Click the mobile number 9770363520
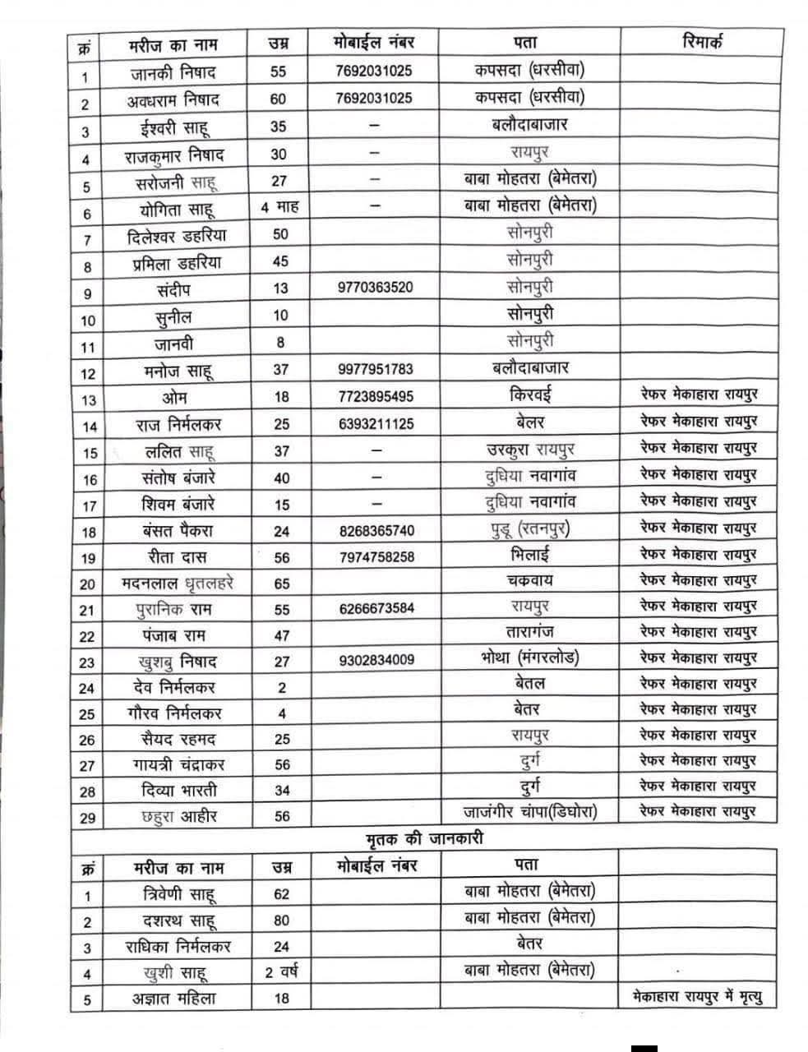[x=375, y=288]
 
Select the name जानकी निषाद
[x=173, y=72]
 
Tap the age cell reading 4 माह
[x=279, y=207]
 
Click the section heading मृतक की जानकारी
[x=424, y=839]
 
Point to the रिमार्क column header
[x=702, y=42]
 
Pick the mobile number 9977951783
[x=375, y=370]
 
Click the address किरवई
[x=530, y=395]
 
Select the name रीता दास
[x=174, y=557]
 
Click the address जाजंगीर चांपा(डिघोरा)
[x=530, y=812]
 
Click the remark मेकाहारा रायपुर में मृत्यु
[x=698, y=998]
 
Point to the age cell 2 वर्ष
[x=281, y=972]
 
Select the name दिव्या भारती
[x=178, y=791]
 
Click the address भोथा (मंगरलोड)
[x=530, y=658]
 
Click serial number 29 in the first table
[x=87, y=818]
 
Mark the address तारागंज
[x=530, y=633]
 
